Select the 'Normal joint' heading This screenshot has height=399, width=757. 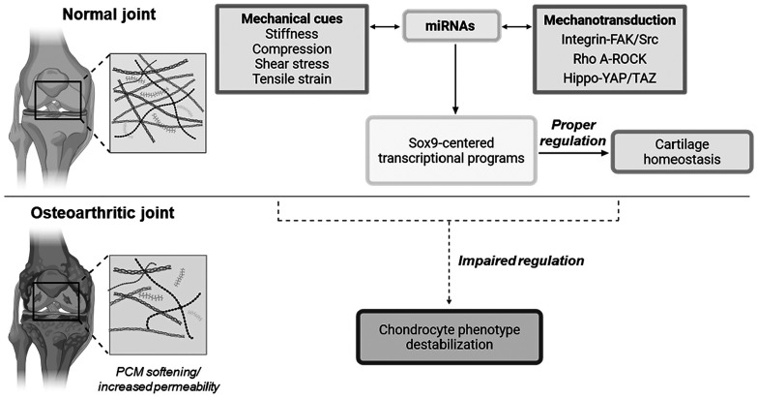coord(109,14)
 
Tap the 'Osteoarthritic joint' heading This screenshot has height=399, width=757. coord(102,213)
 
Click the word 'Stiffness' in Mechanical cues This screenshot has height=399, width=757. coord(292,34)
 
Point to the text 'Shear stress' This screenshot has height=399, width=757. coord(292,64)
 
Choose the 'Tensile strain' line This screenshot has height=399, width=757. coord(292,78)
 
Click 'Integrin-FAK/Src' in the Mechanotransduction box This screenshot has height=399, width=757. coord(609,39)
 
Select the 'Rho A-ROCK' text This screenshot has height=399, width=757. coord(609,58)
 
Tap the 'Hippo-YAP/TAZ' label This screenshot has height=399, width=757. coord(609,77)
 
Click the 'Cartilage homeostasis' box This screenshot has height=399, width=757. coord(682,151)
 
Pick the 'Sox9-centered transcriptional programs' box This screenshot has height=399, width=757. coord(451,150)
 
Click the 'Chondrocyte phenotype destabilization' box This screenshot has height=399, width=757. coord(450,337)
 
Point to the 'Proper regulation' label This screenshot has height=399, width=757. coord(573,133)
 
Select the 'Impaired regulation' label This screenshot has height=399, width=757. coord(521,261)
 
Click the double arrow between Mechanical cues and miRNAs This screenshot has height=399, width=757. coord(385,27)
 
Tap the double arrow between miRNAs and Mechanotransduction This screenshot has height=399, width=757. coord(515,27)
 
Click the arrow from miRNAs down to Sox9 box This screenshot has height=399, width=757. coord(454,77)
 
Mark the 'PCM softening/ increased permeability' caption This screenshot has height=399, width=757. coord(160,380)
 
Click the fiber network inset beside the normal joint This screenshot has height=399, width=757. coord(159,103)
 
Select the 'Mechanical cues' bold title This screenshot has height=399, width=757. coord(292,18)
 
